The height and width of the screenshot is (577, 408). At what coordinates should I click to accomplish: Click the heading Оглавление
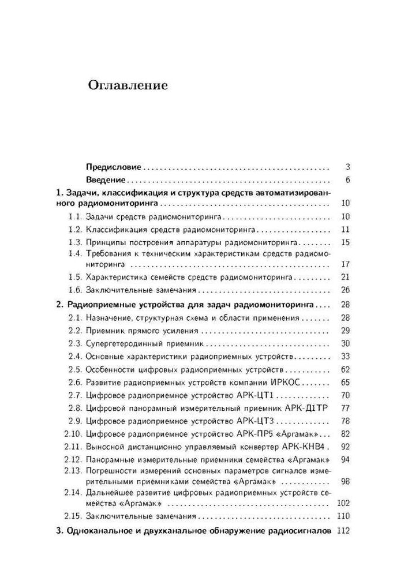click(x=128, y=86)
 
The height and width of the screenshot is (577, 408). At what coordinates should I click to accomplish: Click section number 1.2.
click(x=76, y=230)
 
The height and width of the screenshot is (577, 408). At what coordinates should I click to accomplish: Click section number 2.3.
click(x=76, y=343)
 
